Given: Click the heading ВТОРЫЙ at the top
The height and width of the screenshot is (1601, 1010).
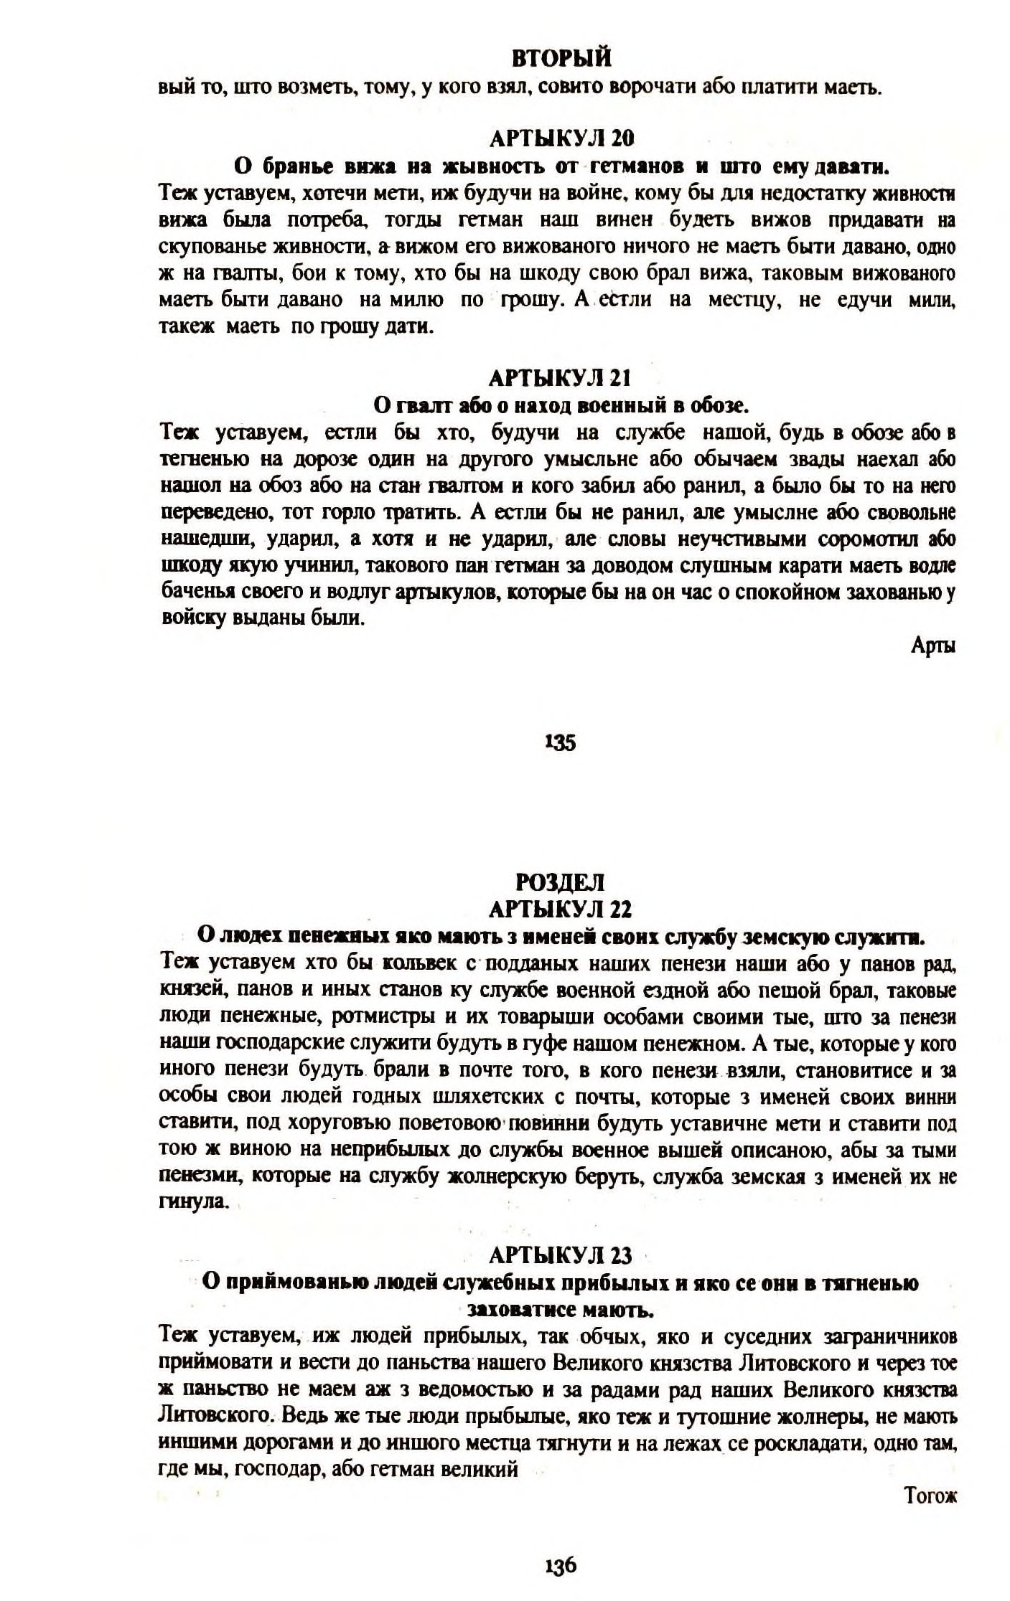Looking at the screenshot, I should [x=561, y=57].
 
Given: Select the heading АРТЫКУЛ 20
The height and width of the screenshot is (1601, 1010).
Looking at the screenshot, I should [x=561, y=138].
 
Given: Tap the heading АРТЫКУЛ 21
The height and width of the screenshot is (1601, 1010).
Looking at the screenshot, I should [x=561, y=377].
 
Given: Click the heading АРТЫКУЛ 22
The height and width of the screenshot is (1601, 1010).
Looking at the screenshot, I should [x=560, y=910].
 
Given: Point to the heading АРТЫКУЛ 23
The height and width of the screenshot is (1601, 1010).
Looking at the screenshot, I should [x=560, y=1255].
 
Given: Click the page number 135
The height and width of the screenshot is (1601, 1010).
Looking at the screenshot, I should [x=561, y=743].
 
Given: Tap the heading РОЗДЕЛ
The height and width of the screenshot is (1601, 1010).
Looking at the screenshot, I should [x=561, y=882].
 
